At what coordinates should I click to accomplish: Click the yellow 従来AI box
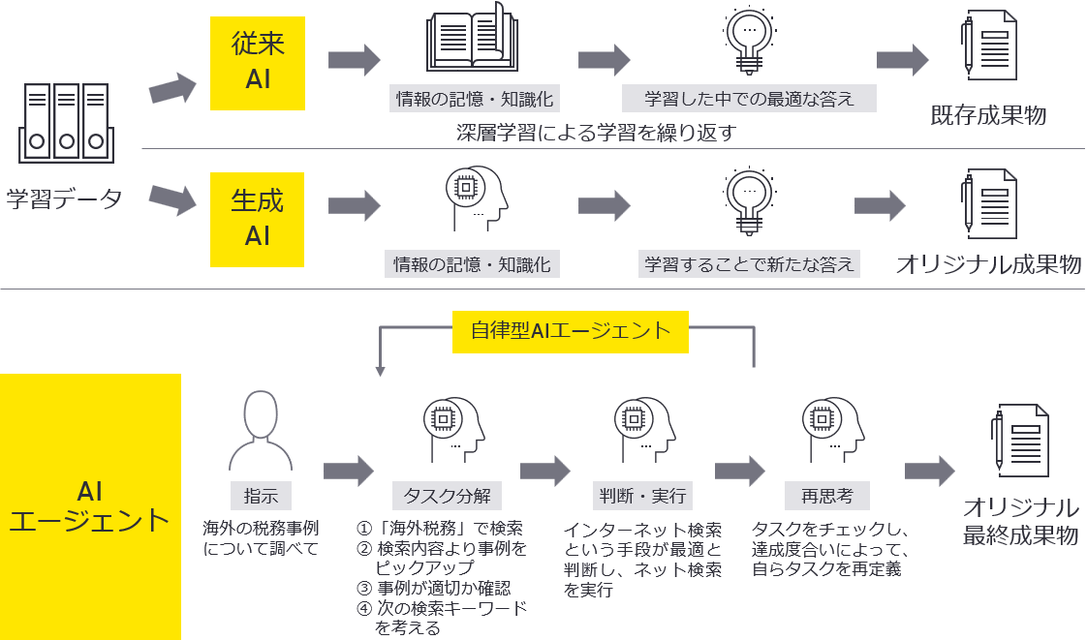[258, 63]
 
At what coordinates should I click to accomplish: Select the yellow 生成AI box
[258, 219]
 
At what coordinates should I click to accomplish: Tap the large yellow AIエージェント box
[90, 505]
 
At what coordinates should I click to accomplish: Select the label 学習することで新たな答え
[750, 264]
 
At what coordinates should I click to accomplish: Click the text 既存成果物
[988, 115]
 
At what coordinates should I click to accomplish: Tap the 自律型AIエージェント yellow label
[571, 330]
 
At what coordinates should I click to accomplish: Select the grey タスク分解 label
[447, 496]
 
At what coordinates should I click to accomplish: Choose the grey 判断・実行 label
[641, 496]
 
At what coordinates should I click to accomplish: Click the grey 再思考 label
[826, 496]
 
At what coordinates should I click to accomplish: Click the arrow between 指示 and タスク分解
[348, 472]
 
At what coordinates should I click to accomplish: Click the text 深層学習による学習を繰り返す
[596, 133]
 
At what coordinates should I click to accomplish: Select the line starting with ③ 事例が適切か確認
[433, 588]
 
